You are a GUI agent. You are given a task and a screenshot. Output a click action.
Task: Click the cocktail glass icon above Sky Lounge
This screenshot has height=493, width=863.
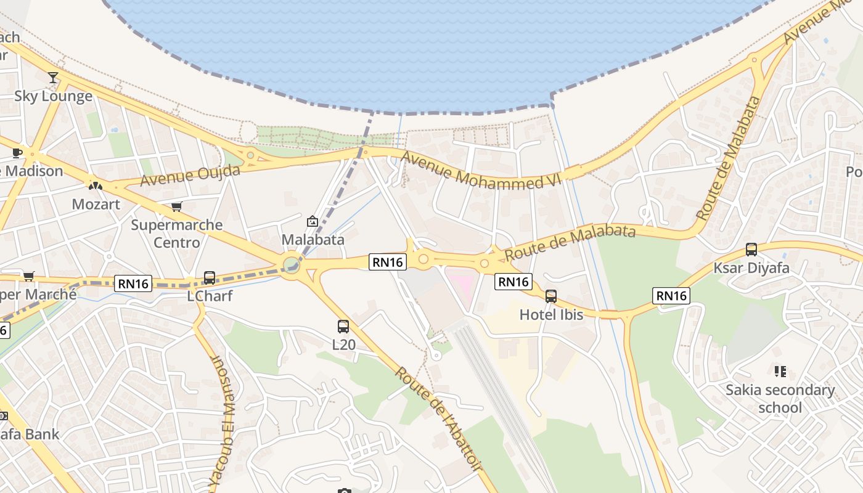pyautogui.click(x=53, y=78)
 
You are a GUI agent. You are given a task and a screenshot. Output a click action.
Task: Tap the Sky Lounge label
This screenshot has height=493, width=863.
pyautogui.click(x=53, y=96)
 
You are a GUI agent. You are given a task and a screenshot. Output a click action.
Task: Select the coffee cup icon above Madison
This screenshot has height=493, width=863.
pyautogui.click(x=17, y=153)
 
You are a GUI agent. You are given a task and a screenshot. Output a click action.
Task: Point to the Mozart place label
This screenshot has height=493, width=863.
pyautogui.click(x=96, y=204)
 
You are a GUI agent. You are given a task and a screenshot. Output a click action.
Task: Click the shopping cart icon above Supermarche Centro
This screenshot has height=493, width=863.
pyautogui.click(x=177, y=206)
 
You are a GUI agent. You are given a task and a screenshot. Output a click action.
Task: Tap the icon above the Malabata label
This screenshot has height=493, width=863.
pyautogui.click(x=313, y=221)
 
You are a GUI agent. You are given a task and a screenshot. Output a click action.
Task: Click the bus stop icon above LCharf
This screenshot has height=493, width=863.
pyautogui.click(x=210, y=278)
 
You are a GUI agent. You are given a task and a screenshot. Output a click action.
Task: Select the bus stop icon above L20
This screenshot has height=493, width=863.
pyautogui.click(x=343, y=327)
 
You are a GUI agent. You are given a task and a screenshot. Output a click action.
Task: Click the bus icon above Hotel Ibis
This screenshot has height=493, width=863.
pyautogui.click(x=551, y=296)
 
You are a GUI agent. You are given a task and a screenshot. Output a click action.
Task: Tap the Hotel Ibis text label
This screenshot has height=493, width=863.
pyautogui.click(x=551, y=314)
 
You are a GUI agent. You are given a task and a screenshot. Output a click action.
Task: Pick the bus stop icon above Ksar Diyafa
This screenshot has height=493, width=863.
pyautogui.click(x=751, y=250)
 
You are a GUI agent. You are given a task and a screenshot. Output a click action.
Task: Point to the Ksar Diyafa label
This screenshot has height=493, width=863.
pyautogui.click(x=751, y=268)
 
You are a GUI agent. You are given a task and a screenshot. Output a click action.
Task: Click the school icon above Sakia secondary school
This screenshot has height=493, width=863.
pyautogui.click(x=780, y=372)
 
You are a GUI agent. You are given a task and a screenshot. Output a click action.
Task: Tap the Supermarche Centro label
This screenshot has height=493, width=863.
pyautogui.click(x=177, y=233)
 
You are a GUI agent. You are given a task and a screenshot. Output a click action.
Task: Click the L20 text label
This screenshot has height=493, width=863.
pyautogui.click(x=343, y=344)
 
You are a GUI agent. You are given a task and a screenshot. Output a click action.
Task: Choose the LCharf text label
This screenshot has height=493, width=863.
pyautogui.click(x=210, y=296)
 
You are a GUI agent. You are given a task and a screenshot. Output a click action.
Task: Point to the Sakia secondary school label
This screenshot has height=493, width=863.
pyautogui.click(x=780, y=399)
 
